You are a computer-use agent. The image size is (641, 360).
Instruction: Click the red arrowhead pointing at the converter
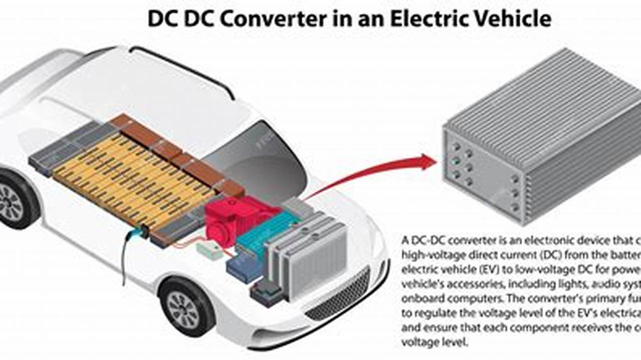click(428, 162)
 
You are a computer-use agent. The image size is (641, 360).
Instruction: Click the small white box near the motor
click(210, 250)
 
